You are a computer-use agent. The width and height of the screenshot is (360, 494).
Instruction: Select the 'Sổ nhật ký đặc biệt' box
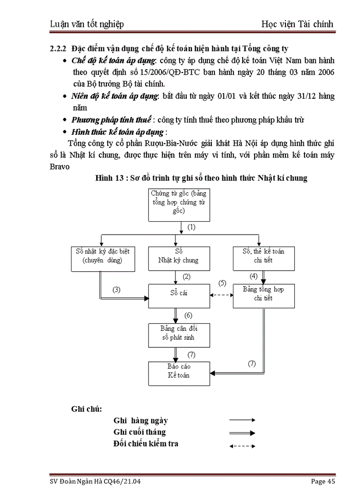point(102,256)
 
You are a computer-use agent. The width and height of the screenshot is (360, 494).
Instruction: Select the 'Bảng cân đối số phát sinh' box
point(178,335)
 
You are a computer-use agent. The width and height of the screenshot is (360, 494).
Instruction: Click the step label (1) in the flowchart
point(191,227)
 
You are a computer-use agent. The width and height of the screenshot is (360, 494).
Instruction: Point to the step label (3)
point(117,289)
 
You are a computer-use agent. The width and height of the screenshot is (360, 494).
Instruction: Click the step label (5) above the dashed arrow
point(222,283)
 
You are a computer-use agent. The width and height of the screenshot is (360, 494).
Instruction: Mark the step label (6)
point(188,315)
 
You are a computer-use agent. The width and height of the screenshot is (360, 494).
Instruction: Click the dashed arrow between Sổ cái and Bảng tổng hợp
point(222,295)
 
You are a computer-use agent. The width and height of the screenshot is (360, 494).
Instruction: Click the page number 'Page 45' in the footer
point(323,481)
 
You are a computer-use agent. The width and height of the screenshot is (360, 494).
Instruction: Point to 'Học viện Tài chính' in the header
point(297,24)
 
